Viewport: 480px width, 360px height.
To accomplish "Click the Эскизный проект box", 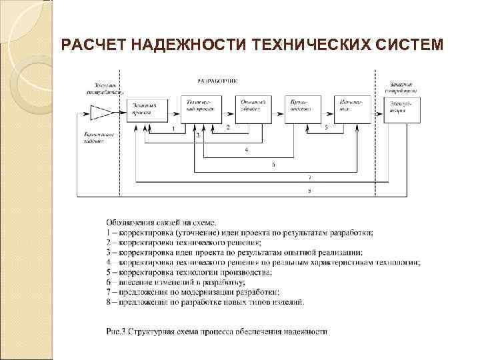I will point(147,108).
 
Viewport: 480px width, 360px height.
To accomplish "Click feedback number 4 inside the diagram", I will point(247,151).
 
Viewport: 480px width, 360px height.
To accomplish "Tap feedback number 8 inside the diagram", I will point(309,191).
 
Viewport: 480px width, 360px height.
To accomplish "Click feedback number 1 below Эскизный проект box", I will point(173,128).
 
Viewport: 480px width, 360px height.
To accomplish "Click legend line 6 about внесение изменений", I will point(194,282).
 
